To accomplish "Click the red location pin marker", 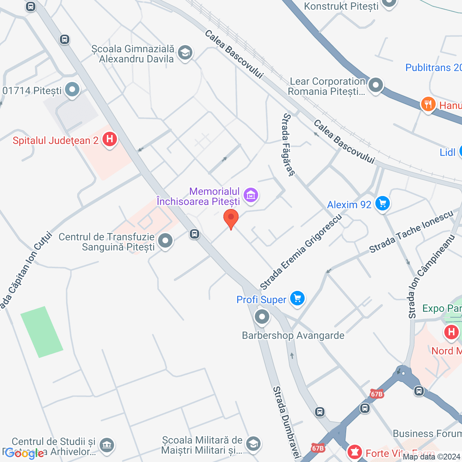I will (231, 218).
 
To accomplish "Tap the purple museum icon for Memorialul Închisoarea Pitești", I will (251, 195).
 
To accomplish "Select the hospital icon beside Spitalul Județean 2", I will (110, 139).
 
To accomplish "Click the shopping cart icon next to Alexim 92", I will (383, 204).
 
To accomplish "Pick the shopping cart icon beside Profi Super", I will (297, 298).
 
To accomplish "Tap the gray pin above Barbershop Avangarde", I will (262, 317).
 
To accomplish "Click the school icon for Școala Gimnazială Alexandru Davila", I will (185, 53).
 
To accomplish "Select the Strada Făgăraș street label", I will (288, 145).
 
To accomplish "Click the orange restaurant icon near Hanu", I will (428, 104).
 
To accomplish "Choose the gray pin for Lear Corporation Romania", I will (376, 86).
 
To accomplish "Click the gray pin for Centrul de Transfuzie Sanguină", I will (166, 240).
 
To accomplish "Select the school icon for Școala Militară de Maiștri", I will (253, 444).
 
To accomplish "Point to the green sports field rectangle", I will (42, 332).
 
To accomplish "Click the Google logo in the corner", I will (25, 453).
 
